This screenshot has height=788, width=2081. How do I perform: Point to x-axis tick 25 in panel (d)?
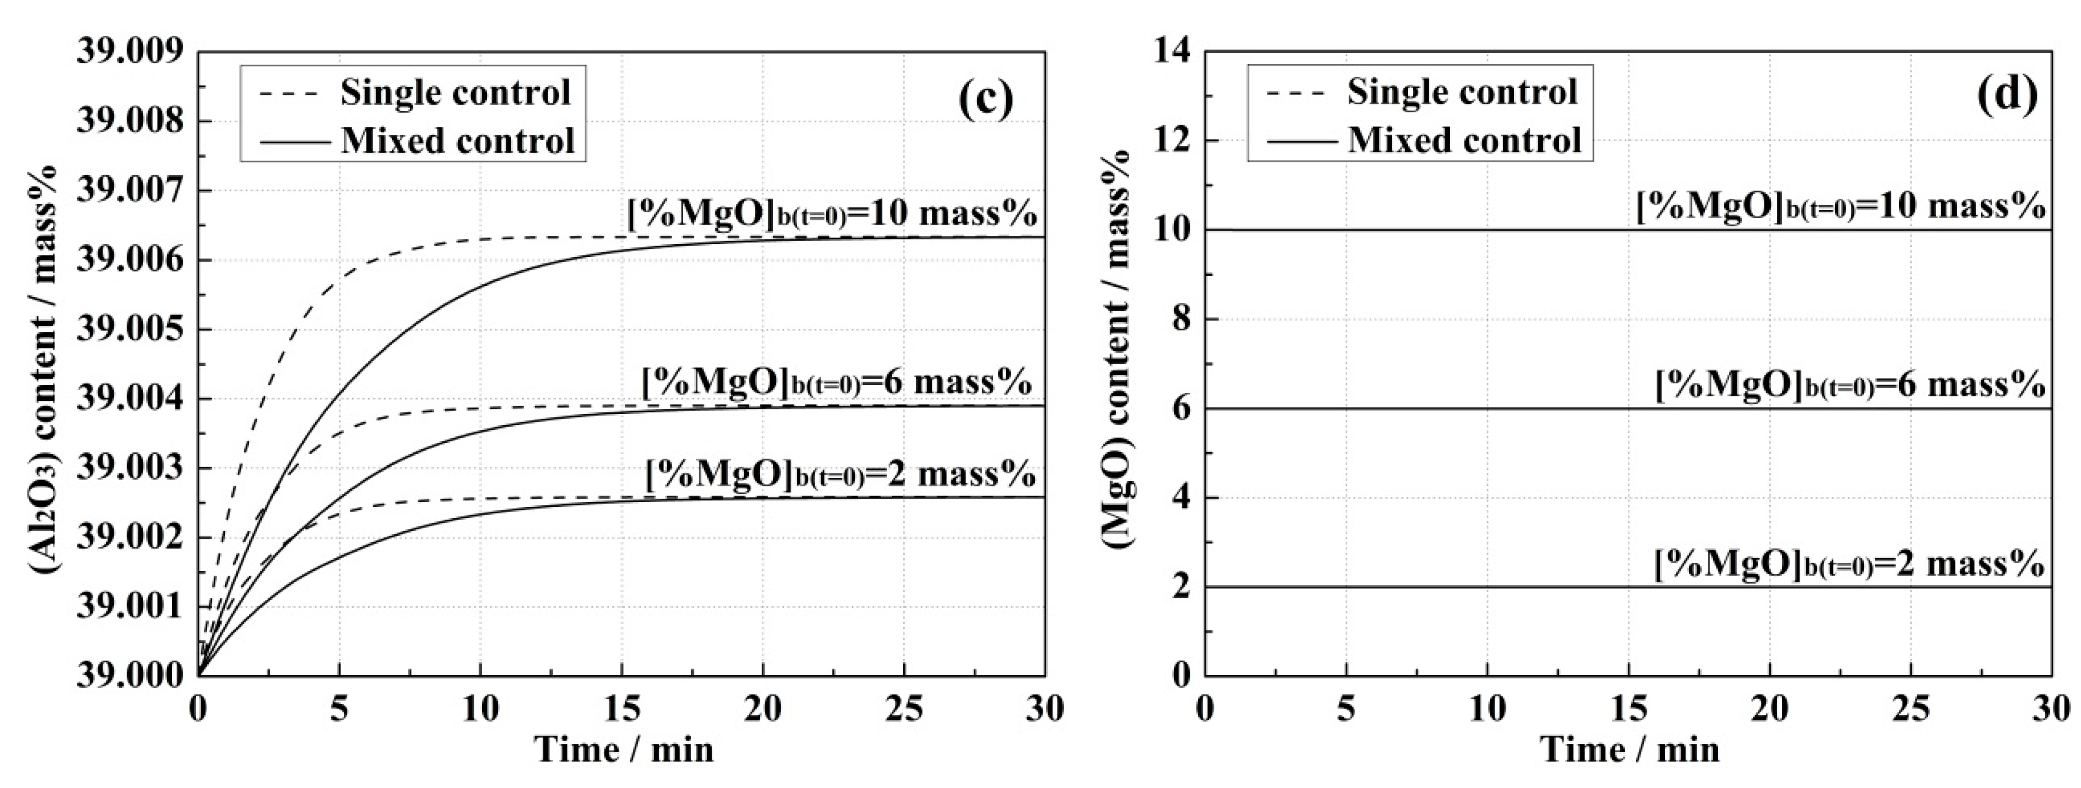[x=1910, y=710]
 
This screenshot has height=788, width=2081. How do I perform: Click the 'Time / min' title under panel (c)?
[x=623, y=750]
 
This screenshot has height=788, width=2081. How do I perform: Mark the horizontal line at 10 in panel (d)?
[x=1454, y=230]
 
